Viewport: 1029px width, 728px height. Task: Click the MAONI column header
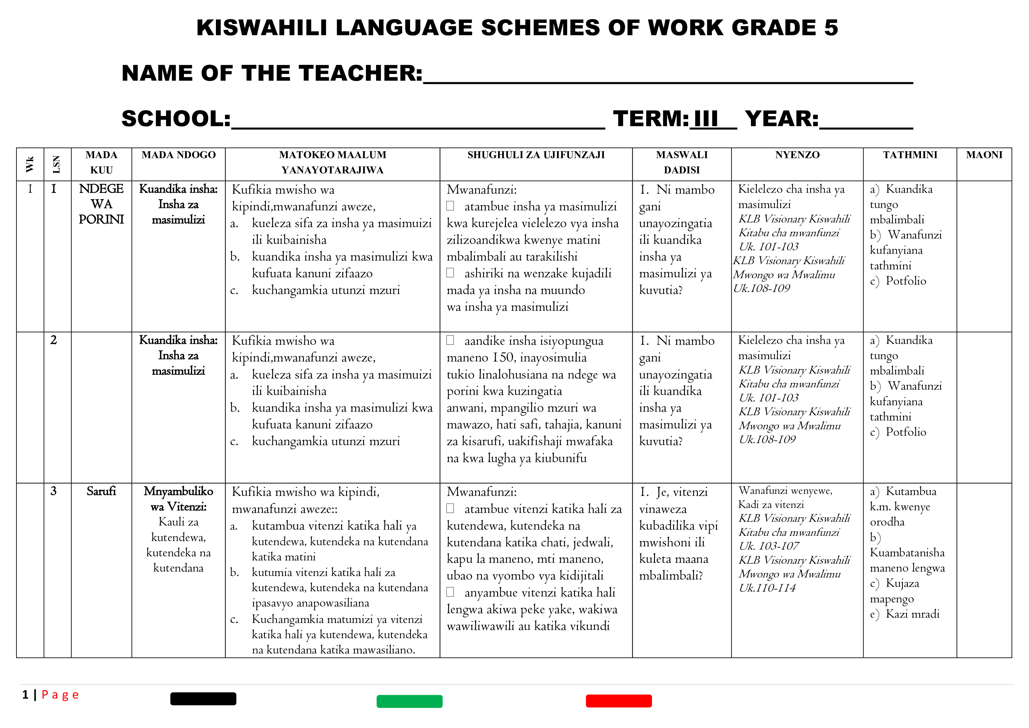pos(984,155)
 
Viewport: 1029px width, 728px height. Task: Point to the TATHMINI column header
pos(910,155)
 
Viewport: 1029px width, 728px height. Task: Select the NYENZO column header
pos(797,155)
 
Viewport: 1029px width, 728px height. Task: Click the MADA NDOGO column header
pos(178,155)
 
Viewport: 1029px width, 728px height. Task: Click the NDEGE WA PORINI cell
pos(101,204)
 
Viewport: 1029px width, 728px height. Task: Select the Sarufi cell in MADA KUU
pos(101,491)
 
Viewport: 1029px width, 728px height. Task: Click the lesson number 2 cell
pos(54,340)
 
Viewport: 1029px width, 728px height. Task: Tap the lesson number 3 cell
pos(54,491)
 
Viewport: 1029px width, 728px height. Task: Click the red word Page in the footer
pos(60,695)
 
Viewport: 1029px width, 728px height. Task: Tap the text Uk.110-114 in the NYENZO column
pos(767,588)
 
